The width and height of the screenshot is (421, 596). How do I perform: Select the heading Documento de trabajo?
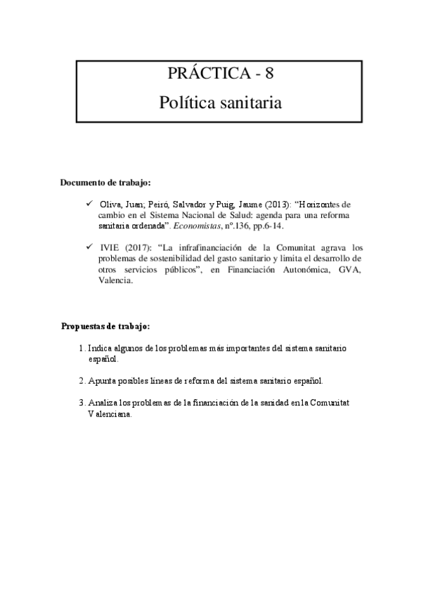point(105,183)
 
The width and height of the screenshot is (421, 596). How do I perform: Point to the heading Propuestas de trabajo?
point(105,327)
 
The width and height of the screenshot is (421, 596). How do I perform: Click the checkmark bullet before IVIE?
point(89,247)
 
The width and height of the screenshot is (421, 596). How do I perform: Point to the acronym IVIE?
point(110,247)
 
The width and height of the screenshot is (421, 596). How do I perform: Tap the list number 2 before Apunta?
point(82,381)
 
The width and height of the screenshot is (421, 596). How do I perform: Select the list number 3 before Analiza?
point(82,403)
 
